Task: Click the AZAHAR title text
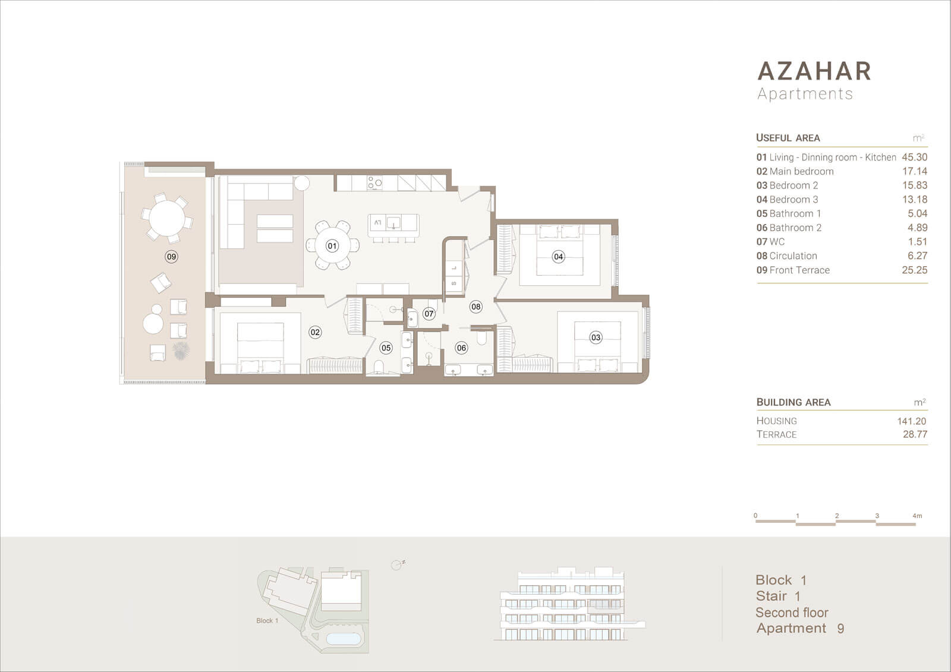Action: tap(814, 71)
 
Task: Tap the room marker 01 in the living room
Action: tap(332, 246)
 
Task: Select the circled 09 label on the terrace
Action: tap(172, 257)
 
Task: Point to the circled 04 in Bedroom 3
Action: tap(558, 257)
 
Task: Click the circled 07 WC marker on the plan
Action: tap(429, 314)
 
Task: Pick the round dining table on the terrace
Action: tap(167, 218)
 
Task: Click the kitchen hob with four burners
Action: tap(374, 183)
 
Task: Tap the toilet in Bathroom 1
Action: tap(379, 367)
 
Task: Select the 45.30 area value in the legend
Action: tap(915, 157)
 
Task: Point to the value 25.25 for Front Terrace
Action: tap(915, 270)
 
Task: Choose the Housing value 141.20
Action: tap(912, 421)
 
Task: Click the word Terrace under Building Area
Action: tap(776, 434)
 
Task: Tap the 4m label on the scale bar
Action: tap(917, 516)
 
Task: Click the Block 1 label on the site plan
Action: tap(267, 621)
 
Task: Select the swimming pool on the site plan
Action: tap(344, 639)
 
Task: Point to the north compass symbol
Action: tap(398, 564)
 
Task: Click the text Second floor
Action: tap(792, 613)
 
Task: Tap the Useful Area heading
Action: tap(788, 138)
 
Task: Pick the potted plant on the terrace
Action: tap(181, 351)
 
